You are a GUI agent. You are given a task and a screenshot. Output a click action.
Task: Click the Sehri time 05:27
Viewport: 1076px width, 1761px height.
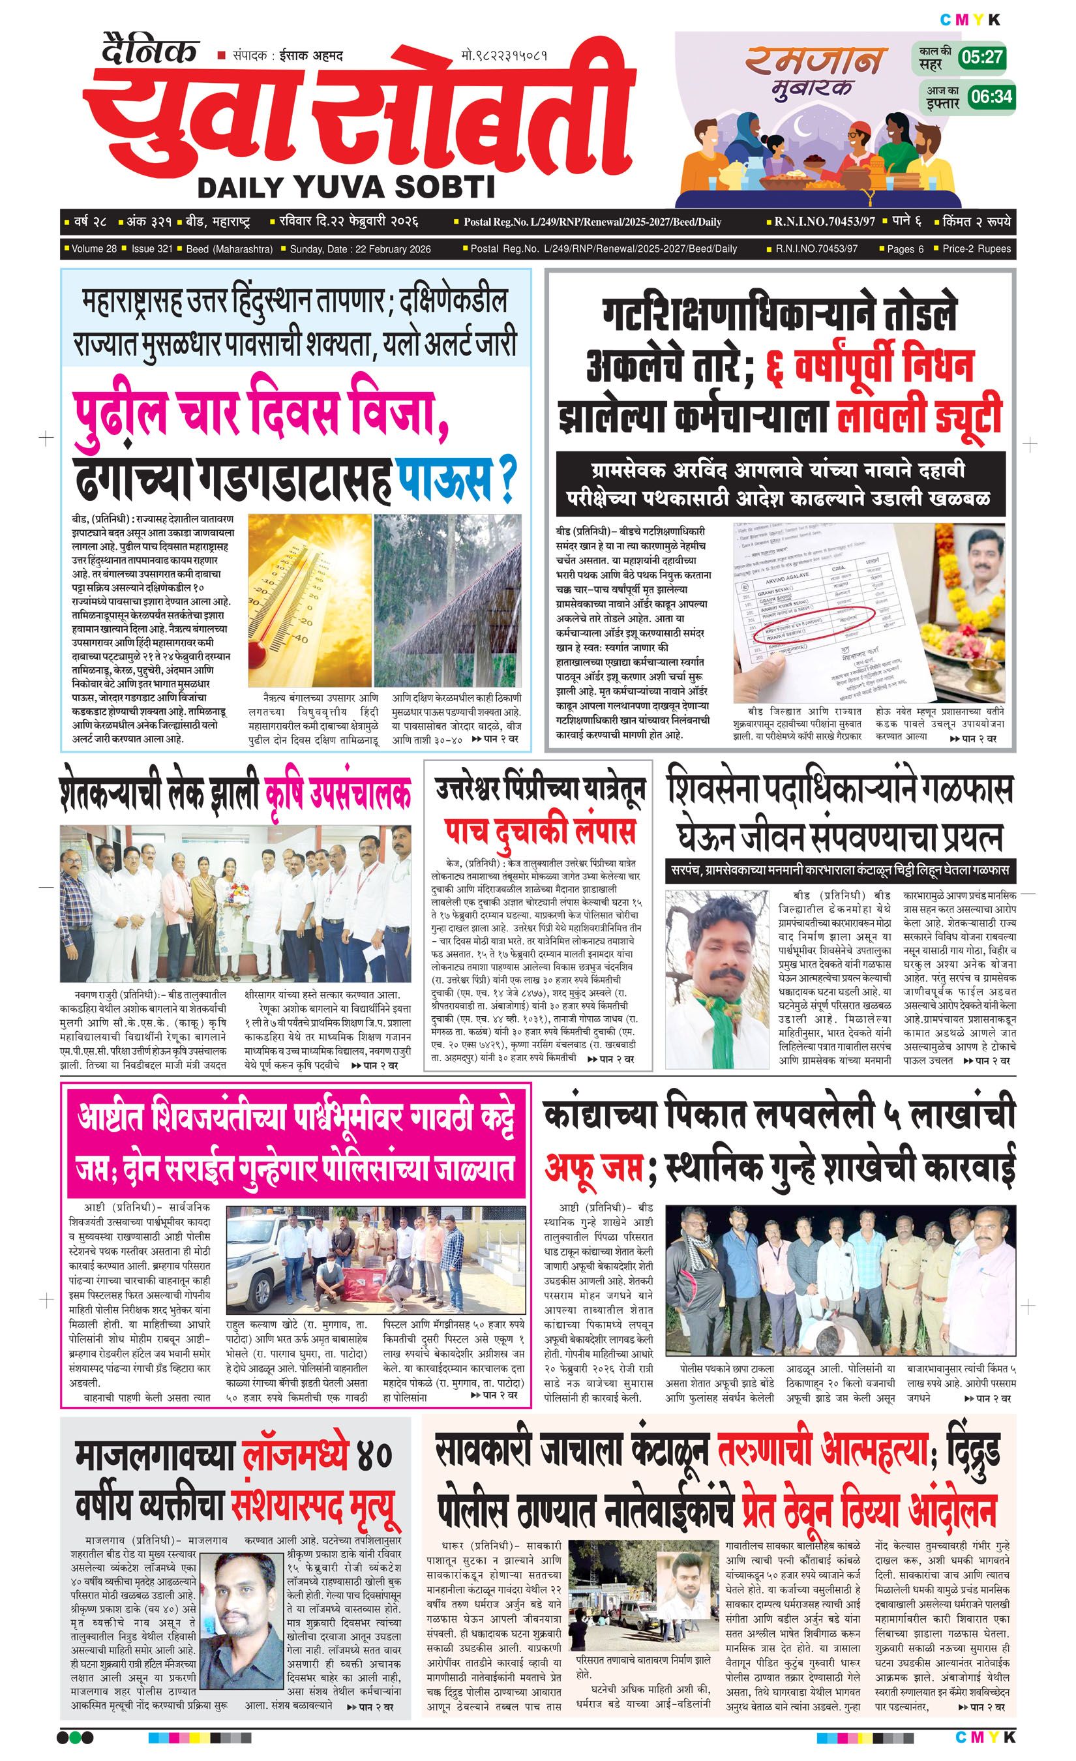982,58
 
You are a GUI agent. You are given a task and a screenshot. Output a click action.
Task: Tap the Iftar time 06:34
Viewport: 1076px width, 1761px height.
991,96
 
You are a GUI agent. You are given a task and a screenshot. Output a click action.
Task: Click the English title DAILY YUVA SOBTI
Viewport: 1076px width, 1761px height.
346,187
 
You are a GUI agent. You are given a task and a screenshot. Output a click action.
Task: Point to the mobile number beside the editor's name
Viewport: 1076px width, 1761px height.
505,55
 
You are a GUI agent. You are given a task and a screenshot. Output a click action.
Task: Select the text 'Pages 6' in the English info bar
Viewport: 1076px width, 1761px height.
905,248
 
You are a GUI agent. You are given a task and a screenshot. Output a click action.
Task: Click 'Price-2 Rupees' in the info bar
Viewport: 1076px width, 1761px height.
976,248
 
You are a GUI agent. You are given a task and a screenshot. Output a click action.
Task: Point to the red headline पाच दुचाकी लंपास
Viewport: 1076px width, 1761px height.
539,830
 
